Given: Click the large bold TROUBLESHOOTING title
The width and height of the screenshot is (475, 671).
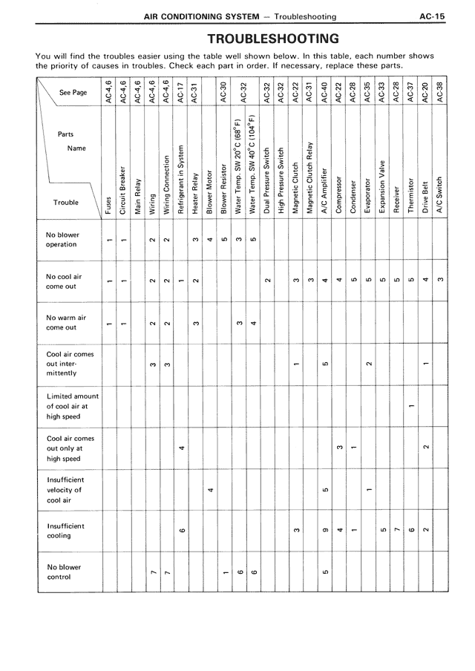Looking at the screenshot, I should point(274,39).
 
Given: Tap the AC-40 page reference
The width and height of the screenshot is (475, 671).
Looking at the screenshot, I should point(324,91).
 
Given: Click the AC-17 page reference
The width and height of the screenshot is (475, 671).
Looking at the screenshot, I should point(182,91).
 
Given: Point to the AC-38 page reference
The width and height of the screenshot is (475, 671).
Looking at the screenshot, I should point(440,91).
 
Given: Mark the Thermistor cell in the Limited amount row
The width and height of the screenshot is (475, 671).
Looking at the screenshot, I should point(411,405).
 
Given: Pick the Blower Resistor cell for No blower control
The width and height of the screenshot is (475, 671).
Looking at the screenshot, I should point(224,572).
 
